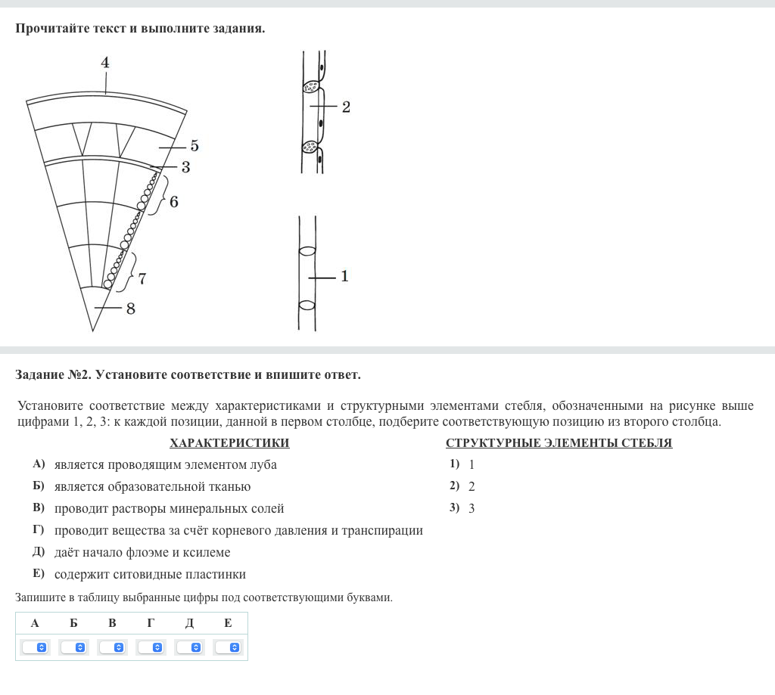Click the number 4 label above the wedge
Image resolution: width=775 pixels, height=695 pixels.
tap(105, 62)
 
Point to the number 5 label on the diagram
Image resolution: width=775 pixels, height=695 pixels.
tap(195, 145)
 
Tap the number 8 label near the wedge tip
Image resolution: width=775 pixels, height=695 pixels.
tap(131, 308)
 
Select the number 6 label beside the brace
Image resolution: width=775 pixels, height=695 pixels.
tap(174, 202)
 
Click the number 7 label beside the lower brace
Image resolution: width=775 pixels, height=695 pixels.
tap(142, 278)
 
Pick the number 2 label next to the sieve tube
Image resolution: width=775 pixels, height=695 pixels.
tap(346, 107)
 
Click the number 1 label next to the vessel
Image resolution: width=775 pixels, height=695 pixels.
tap(344, 276)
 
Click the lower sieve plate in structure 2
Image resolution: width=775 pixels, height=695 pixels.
tap(310, 147)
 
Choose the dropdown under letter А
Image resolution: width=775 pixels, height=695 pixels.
tap(35, 647)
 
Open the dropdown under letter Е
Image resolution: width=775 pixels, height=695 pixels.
tap(228, 647)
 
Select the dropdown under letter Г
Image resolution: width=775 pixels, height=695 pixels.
tap(151, 647)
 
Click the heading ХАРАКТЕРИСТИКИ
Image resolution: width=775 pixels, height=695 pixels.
tap(229, 443)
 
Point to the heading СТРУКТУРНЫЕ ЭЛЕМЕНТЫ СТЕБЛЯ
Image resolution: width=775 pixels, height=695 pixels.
tap(559, 443)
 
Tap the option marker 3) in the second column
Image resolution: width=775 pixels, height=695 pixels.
tap(454, 508)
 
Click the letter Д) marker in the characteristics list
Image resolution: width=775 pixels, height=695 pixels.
tap(39, 552)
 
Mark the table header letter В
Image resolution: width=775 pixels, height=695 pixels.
tap(112, 623)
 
